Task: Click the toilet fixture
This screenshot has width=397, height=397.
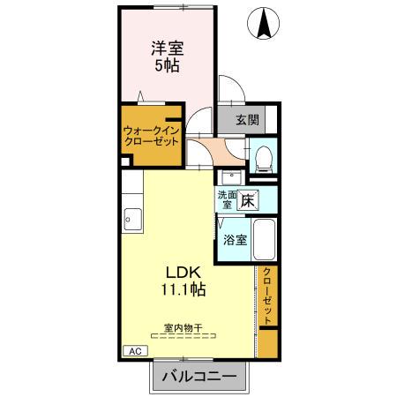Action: [262, 155]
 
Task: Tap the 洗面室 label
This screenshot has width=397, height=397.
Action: [226, 199]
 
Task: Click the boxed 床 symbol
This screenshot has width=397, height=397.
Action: [249, 200]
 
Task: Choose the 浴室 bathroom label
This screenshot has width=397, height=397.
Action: [234, 239]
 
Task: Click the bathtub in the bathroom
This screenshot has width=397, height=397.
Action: [262, 238]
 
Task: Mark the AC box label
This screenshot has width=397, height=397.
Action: [135, 351]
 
